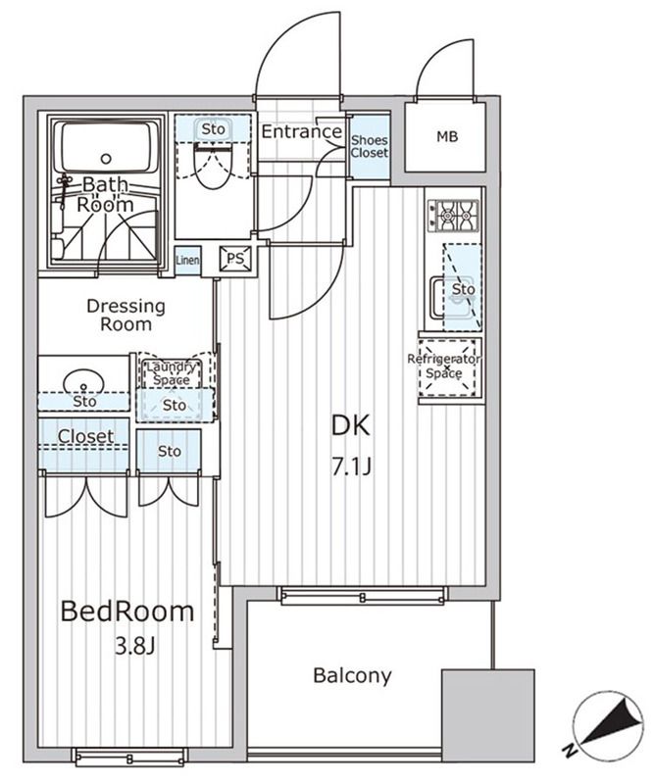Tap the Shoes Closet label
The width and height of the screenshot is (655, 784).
pyautogui.click(x=370, y=146)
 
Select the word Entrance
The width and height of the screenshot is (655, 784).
pyautogui.click(x=302, y=132)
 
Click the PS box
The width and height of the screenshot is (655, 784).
pyautogui.click(x=234, y=259)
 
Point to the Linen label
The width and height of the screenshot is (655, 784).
pyautogui.click(x=188, y=260)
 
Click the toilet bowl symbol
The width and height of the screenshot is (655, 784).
pyautogui.click(x=211, y=169)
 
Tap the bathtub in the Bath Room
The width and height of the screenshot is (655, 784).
pyautogui.click(x=105, y=147)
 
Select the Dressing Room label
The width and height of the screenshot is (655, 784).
pyautogui.click(x=126, y=315)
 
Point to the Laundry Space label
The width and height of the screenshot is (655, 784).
pyautogui.click(x=175, y=372)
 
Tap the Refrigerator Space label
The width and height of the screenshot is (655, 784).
pyautogui.click(x=449, y=367)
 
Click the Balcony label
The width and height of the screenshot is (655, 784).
pyautogui.click(x=352, y=675)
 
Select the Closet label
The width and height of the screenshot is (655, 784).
pyautogui.click(x=85, y=436)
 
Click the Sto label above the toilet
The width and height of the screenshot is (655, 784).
pyautogui.click(x=213, y=129)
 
